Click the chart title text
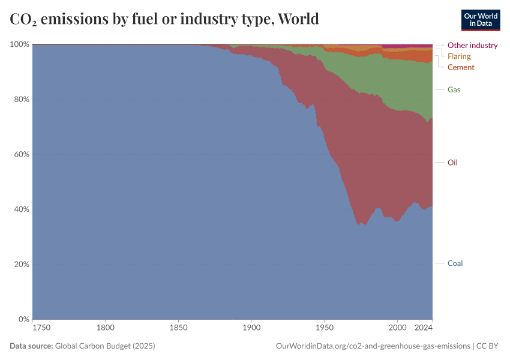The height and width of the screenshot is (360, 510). coord(164,19)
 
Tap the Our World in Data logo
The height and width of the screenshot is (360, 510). coord(481,20)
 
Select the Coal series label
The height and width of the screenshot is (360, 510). coord(455,263)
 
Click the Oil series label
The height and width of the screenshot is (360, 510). coord(453,163)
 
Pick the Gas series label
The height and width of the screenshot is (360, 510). coord(454,89)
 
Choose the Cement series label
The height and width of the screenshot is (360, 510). coord(461,67)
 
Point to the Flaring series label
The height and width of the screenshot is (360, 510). coord(459,56)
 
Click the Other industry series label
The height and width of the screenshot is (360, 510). coord(472,45)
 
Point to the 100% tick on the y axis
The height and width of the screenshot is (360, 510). coord(20,44)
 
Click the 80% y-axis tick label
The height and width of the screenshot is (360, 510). coord(22,100)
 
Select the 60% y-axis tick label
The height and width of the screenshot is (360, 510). coord(22,154)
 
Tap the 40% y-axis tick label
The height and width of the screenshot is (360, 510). coord(22,209)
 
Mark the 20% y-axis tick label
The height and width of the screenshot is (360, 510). coord(22,265)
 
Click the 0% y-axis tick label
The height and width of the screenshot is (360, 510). coord(23,319)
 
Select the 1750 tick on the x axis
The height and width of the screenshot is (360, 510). coord(41,328)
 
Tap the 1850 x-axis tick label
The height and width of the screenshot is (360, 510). coord(178,328)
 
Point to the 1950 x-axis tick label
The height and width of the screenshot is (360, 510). coord(324,328)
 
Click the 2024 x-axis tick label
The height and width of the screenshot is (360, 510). coord(424,328)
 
